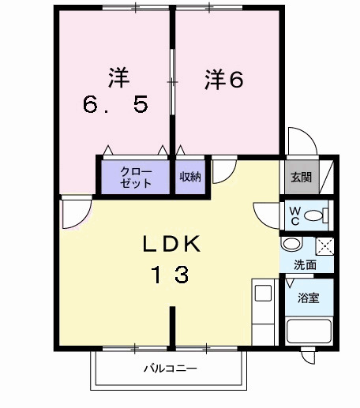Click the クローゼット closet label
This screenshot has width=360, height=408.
tap(135, 175)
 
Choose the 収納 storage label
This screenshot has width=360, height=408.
tap(189, 176)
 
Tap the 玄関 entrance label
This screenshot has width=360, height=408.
tap(300, 177)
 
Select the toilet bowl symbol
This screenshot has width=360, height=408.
tap(316, 215)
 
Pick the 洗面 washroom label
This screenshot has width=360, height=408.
tap(305, 265)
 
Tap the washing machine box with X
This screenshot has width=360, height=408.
tap(324, 245)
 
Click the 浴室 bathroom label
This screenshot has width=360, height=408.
tap(308, 299)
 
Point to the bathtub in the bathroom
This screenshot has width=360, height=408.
tap(309, 331)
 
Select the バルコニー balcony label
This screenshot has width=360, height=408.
tap(170, 369)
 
